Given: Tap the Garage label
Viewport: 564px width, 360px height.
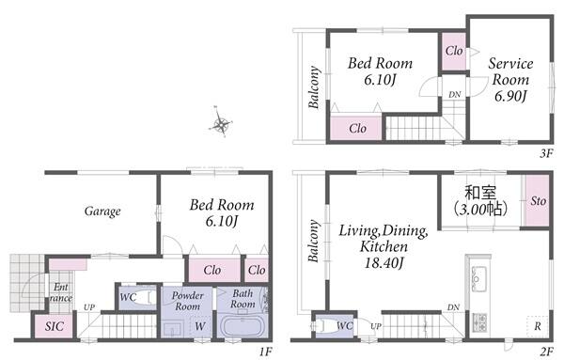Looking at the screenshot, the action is click(x=102, y=211).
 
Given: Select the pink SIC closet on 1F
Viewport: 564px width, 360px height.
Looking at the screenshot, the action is click(x=54, y=326).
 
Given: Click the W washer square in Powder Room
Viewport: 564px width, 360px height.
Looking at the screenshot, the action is click(x=200, y=326).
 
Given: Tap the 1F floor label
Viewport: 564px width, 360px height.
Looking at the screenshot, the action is click(x=265, y=352).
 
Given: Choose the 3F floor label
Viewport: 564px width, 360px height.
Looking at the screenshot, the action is click(x=546, y=153).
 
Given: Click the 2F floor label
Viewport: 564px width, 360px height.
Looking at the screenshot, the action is click(x=546, y=352).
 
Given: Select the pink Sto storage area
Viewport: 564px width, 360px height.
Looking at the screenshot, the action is click(x=537, y=201).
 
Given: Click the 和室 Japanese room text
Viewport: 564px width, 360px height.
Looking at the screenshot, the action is click(x=480, y=193).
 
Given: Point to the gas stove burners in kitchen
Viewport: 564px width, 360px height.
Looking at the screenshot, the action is click(x=479, y=322).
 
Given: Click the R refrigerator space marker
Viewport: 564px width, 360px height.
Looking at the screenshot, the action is click(x=538, y=326).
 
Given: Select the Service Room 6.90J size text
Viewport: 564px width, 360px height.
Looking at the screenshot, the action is click(x=510, y=96).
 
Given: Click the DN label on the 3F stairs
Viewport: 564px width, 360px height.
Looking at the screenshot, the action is click(x=455, y=95).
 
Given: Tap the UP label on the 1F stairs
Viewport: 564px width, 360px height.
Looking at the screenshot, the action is click(x=89, y=307).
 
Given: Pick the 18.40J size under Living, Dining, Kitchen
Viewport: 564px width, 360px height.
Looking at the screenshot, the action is click(x=384, y=263).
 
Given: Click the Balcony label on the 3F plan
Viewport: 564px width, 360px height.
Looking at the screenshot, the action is click(x=314, y=87).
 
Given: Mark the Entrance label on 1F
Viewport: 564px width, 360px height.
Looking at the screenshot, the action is click(x=61, y=292).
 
